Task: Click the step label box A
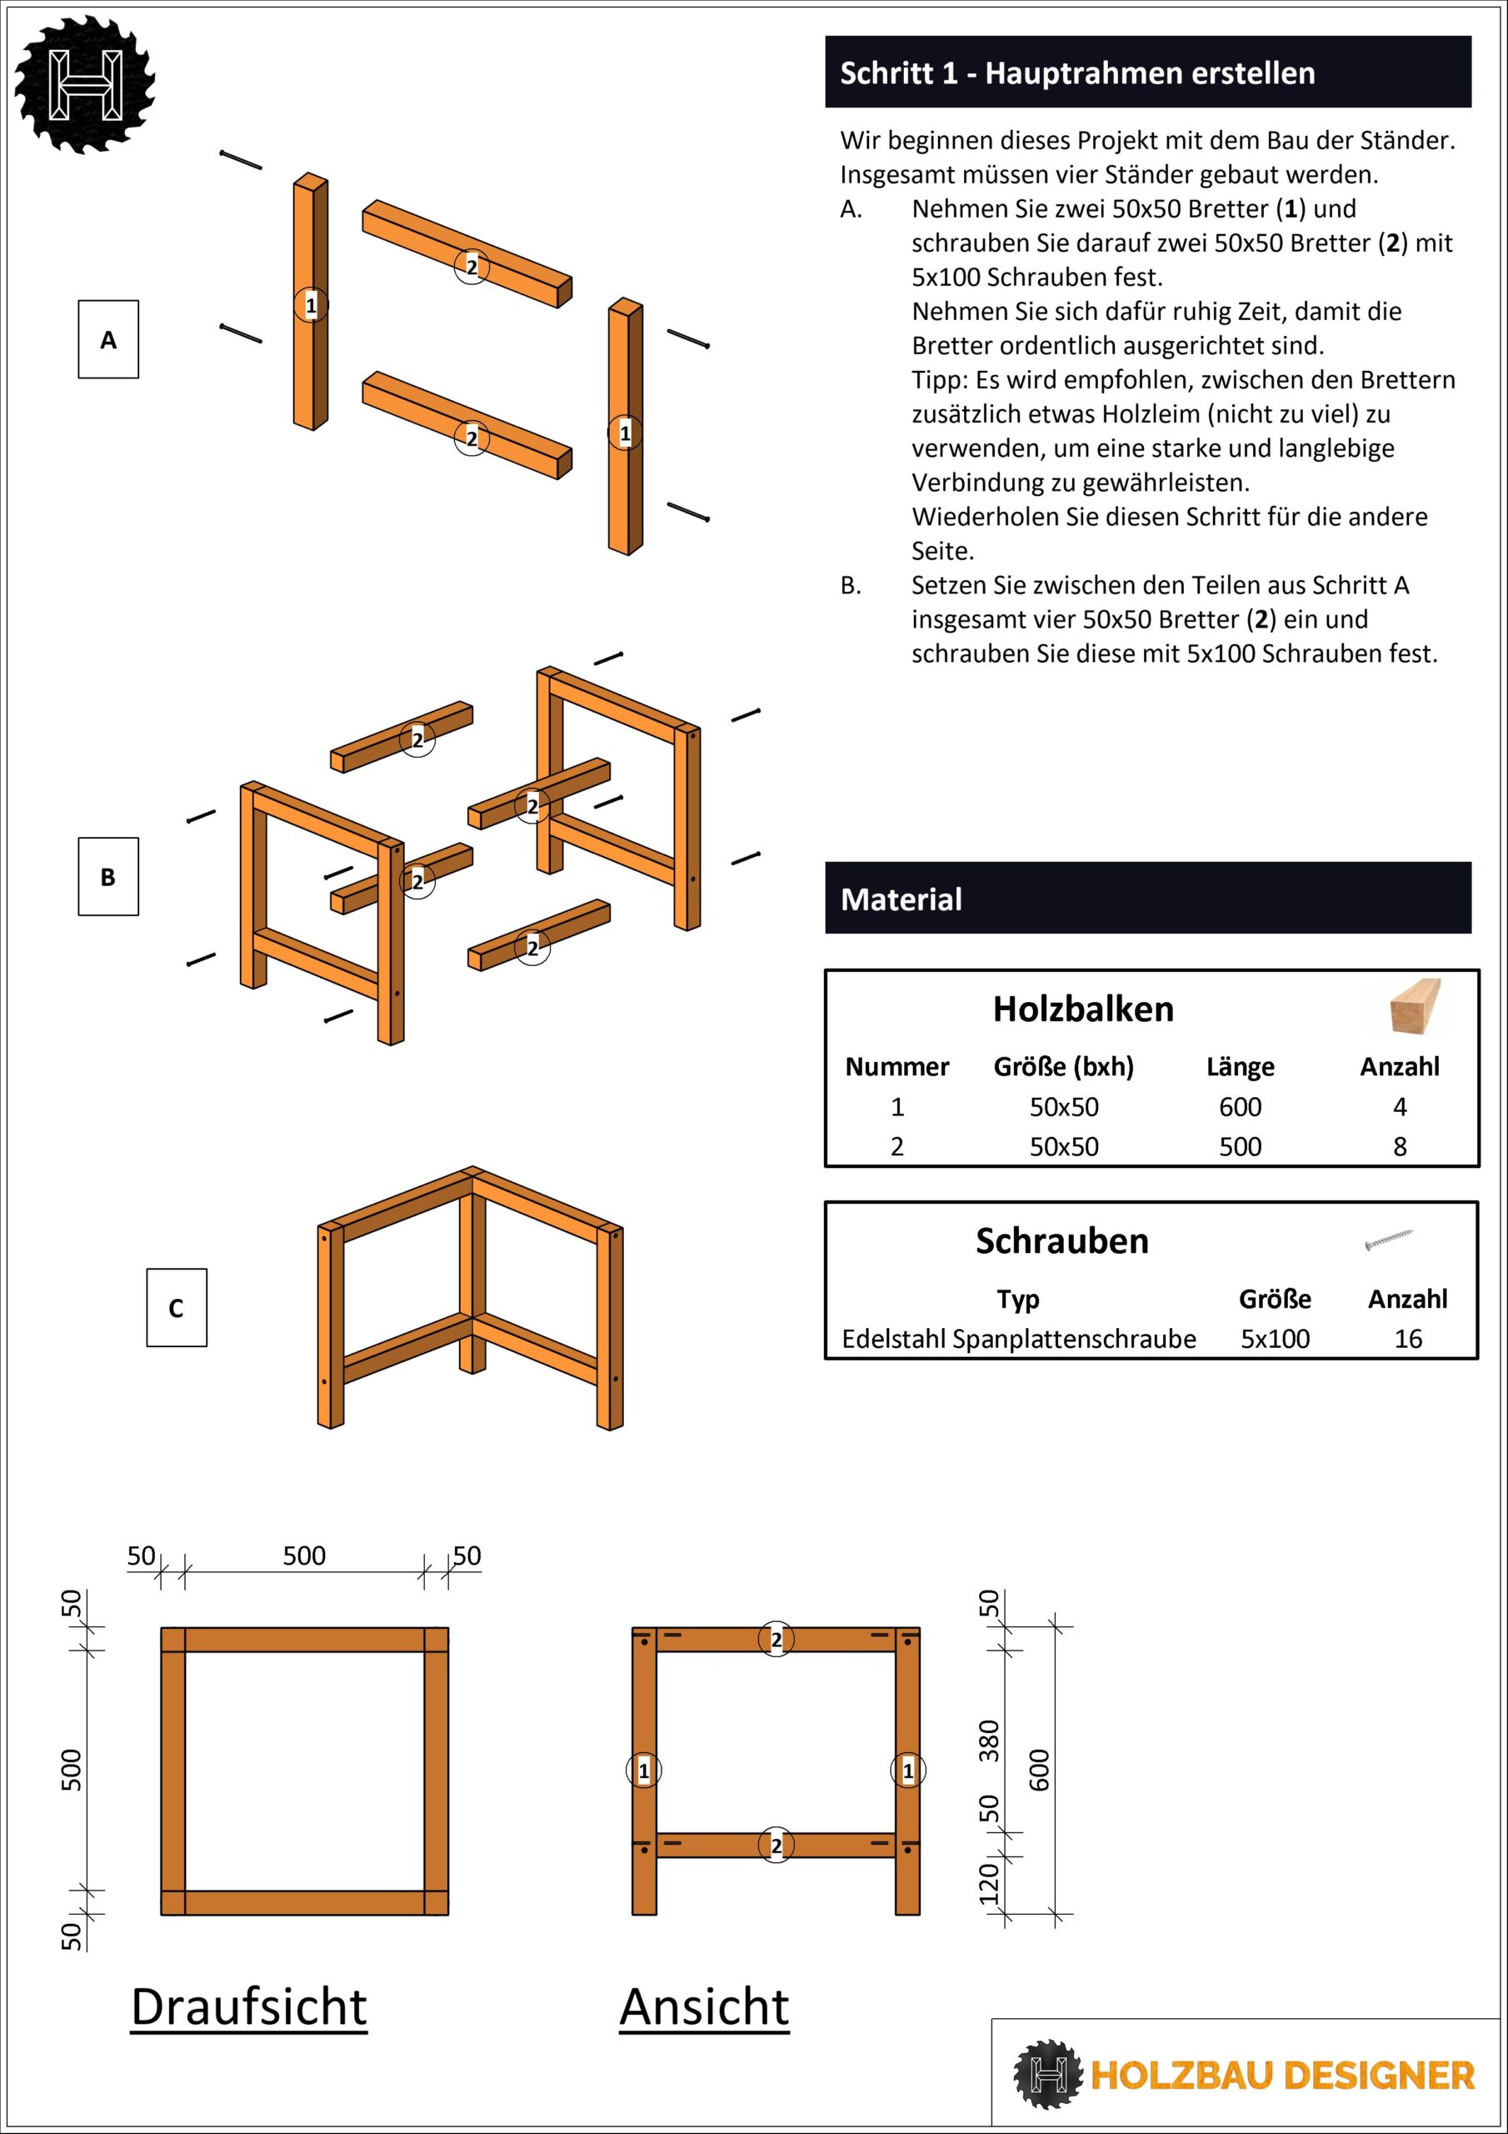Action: point(107,339)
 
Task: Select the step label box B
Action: point(107,876)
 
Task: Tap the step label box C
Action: point(177,1307)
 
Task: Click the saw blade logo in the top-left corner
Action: point(86,83)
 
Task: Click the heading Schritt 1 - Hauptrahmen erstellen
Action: point(1077,73)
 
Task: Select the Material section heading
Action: point(901,899)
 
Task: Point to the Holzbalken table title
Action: point(1082,1009)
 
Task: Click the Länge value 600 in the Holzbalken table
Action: point(1240,1106)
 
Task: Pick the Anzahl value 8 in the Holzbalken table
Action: point(1400,1146)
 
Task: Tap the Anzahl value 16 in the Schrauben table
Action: point(1408,1339)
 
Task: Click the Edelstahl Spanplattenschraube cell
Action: point(1018,1339)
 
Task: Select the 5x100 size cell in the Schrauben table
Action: point(1275,1339)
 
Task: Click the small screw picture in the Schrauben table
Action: point(1389,1239)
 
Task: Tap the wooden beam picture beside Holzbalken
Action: point(1415,1007)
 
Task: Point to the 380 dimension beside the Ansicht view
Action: point(989,1740)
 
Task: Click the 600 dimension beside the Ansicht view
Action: point(1039,1770)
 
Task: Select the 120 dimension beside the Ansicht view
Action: point(989,1883)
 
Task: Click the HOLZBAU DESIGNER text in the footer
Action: point(1282,2075)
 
